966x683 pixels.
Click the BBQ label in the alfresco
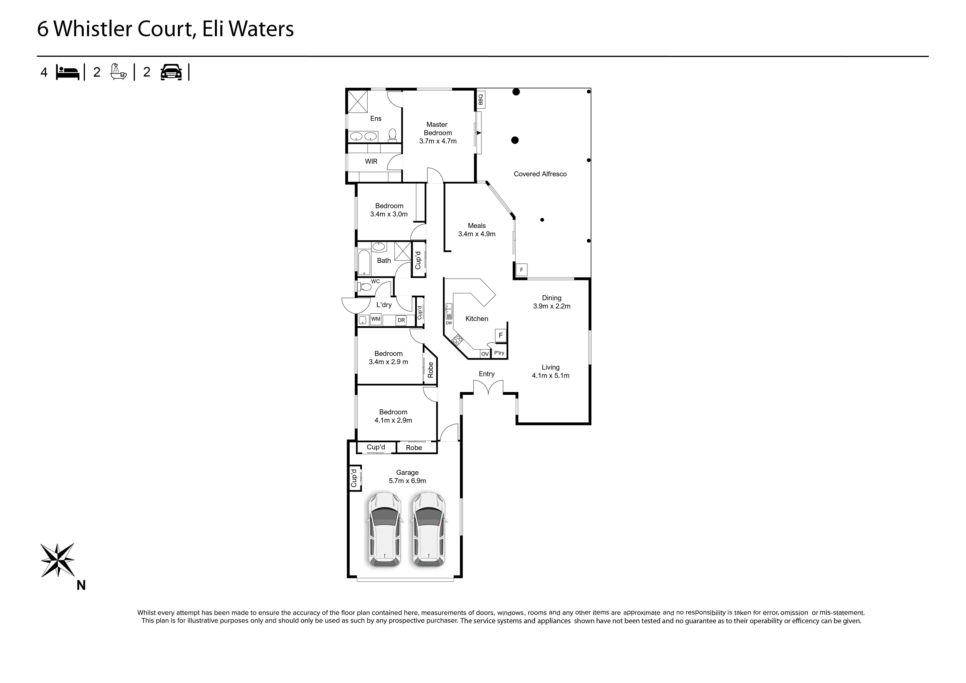coord(481,99)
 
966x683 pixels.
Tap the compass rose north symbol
coord(58,560)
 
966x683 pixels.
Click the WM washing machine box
coord(376,319)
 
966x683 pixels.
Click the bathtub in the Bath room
coord(364,263)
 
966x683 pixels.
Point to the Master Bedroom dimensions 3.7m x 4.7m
coord(438,141)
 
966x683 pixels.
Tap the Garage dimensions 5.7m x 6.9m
coord(407,481)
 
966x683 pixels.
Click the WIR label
coord(371,161)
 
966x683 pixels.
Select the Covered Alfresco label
coord(540,174)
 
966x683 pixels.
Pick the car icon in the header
coord(171,72)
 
